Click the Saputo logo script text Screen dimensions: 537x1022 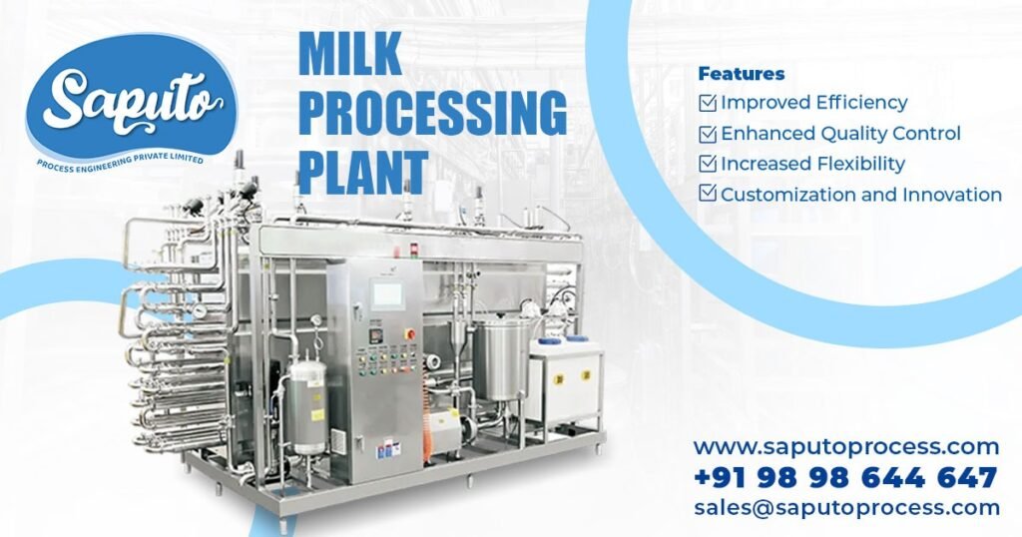pyautogui.click(x=130, y=98)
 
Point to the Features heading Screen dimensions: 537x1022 pyautogui.click(x=741, y=74)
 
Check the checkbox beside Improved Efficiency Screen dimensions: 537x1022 pyautogui.click(x=708, y=102)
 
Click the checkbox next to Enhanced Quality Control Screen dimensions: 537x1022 pyautogui.click(x=708, y=133)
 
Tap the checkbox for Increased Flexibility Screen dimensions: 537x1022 pyautogui.click(x=708, y=163)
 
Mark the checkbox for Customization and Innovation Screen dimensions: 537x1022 pyautogui.click(x=708, y=194)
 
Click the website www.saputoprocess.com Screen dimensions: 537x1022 pyautogui.click(x=846, y=446)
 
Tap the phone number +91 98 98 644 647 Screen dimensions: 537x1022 pyautogui.click(x=845, y=477)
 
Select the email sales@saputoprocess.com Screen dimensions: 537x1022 pyautogui.click(x=846, y=507)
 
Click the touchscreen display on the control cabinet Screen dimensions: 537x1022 pyautogui.click(x=387, y=294)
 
